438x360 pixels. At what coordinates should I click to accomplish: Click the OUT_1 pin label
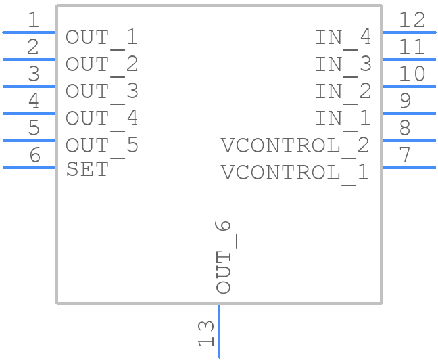coord(101,37)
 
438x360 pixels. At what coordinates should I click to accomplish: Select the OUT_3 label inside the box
coord(101,91)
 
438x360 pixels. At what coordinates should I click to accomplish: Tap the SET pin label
coord(87,169)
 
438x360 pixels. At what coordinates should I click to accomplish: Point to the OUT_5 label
coord(101,145)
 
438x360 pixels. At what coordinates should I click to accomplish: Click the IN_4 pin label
coord(343,37)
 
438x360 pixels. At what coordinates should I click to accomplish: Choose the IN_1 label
coord(343,118)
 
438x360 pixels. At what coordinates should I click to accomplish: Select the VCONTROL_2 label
coord(295,145)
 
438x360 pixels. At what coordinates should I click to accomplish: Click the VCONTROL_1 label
coord(295,173)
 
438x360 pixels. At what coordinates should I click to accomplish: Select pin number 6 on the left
coord(34,156)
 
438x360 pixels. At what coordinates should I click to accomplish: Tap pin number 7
coord(405,156)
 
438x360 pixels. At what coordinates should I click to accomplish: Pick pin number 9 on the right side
coord(405,102)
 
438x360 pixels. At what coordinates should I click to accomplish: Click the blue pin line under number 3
coord(28,87)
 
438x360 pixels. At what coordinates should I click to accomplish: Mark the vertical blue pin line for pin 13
coord(218,332)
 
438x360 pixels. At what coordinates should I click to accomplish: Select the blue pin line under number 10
coord(410,87)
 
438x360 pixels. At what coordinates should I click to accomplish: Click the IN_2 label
coord(343,91)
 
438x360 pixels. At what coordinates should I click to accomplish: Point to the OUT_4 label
coord(101,118)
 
